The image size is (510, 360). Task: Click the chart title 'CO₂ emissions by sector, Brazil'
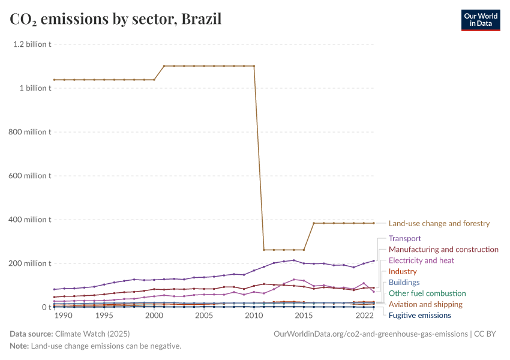(x=116, y=19)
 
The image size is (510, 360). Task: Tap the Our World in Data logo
(x=480, y=19)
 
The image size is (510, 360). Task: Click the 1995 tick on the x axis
(x=104, y=316)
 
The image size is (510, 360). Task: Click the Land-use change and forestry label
(x=439, y=223)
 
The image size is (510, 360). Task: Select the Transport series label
(x=405, y=238)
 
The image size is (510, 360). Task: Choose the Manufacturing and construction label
(x=443, y=249)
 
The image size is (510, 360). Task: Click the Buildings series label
(x=404, y=282)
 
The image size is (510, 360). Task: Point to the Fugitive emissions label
(x=419, y=315)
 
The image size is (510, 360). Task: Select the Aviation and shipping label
(x=425, y=304)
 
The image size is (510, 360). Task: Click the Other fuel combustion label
(x=427, y=293)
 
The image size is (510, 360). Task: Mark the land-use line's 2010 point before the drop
(x=254, y=66)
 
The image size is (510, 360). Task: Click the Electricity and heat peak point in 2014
(x=294, y=279)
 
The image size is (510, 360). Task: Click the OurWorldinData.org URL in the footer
(x=370, y=334)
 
